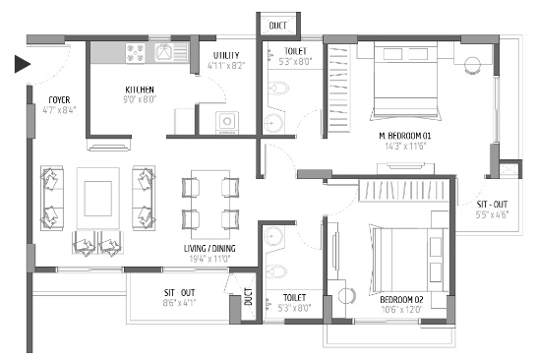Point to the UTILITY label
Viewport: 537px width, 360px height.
(225, 56)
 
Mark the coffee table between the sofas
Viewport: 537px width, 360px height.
(97, 197)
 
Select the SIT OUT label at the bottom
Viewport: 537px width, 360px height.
(180, 293)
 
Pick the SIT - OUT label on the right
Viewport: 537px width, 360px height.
(492, 203)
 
